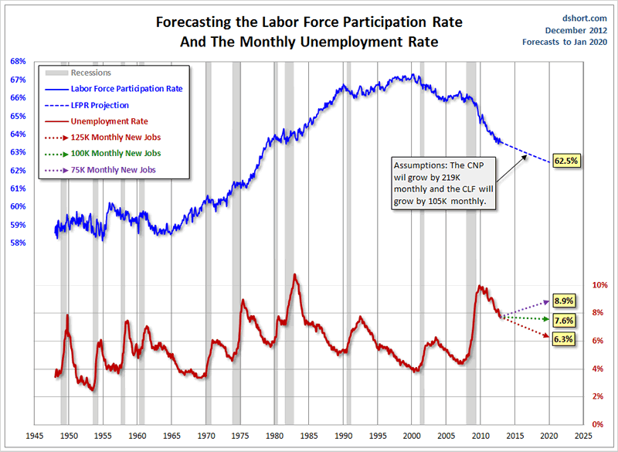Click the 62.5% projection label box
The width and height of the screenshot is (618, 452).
pyautogui.click(x=566, y=161)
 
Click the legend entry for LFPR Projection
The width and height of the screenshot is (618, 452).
pyautogui.click(x=100, y=105)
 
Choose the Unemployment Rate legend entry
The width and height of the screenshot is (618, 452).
pyautogui.click(x=109, y=121)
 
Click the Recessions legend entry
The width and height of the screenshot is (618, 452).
pyautogui.click(x=90, y=73)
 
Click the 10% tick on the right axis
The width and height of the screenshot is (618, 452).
pyautogui.click(x=599, y=284)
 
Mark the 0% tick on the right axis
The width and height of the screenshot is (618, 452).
pyautogui.click(x=597, y=424)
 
